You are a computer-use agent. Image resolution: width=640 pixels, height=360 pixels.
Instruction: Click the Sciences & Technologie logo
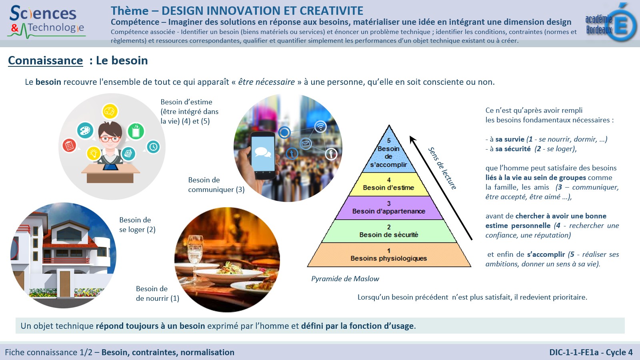point(46,22)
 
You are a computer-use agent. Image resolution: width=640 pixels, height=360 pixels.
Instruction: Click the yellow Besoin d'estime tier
point(389,184)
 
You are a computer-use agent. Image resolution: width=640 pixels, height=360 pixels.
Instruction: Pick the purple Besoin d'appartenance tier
point(389,208)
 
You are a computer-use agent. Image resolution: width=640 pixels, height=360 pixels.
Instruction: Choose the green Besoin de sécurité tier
point(389,231)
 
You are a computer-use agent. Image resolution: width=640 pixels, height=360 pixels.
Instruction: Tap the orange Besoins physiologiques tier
point(389,255)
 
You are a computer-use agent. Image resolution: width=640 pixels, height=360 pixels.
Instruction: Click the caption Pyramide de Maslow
point(345,278)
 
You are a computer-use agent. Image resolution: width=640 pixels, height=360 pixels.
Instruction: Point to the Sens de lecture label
point(442,168)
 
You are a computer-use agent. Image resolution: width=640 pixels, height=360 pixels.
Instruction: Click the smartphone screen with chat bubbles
point(263,154)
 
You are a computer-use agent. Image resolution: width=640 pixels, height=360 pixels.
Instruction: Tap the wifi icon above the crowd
point(320,126)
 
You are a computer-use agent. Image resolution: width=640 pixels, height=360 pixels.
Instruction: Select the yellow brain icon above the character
point(110,112)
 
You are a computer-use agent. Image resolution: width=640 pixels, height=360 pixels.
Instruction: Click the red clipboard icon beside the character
point(70,146)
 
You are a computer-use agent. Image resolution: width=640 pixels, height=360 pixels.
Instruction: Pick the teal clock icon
point(154,146)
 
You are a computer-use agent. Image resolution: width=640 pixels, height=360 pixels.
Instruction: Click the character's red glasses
point(110,139)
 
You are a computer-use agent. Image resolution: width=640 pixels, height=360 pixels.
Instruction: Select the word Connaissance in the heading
point(46,60)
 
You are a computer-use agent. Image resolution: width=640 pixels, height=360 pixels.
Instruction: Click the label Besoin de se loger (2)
point(137,224)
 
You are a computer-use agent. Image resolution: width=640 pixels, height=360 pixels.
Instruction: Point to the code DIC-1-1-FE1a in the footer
point(574,352)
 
